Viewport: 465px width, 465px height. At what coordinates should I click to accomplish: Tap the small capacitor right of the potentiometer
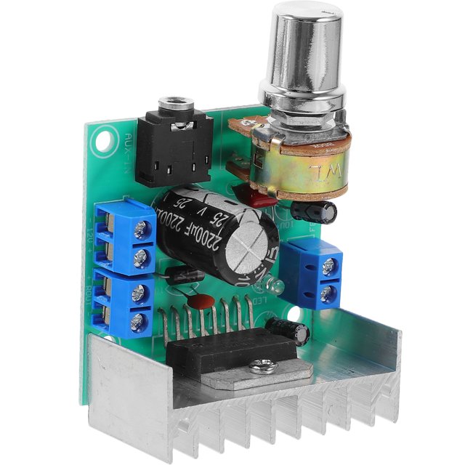pyautogui.click(x=320, y=211)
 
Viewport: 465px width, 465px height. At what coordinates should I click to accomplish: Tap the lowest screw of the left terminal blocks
pyautogui.click(x=137, y=322)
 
